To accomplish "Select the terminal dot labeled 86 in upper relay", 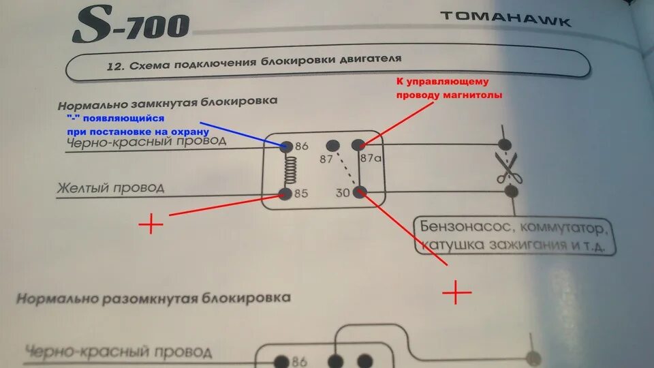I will tap(286, 146).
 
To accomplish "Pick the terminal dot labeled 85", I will tap(285, 194).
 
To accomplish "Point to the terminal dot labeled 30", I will tap(360, 192).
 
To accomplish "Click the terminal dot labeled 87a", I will tap(358, 145).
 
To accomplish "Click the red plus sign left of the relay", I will tap(151, 224).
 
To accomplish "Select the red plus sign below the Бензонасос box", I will tap(457, 293).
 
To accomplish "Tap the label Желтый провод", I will tap(110, 187).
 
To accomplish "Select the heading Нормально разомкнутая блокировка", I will tap(154, 298).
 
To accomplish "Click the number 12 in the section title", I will tap(114, 67).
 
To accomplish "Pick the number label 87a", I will tap(371, 159).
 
